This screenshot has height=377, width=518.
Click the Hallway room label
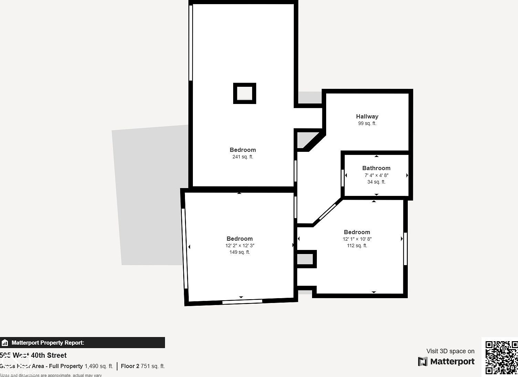367,116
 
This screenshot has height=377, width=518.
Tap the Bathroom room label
376,168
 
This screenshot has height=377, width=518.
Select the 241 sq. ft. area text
242,157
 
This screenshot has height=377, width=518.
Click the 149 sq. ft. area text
240,252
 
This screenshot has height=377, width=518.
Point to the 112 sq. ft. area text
357,246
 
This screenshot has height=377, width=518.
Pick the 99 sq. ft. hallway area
367,124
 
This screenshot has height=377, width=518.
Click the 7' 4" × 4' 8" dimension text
376,175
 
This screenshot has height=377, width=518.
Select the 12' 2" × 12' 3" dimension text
240,246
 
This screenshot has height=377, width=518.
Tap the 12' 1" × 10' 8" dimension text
357,239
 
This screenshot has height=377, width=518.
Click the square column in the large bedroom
245,93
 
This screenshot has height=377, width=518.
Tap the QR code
501,357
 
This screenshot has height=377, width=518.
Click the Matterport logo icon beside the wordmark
423,362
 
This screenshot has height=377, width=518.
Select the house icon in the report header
5,343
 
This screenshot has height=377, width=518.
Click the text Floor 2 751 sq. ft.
143,366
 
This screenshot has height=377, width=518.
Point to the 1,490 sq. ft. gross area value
99,366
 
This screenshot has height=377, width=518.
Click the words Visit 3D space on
450,351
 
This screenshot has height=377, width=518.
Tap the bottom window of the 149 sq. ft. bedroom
242,302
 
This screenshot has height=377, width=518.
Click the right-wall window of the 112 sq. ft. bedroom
405,249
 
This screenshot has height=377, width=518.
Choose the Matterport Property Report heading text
48,343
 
